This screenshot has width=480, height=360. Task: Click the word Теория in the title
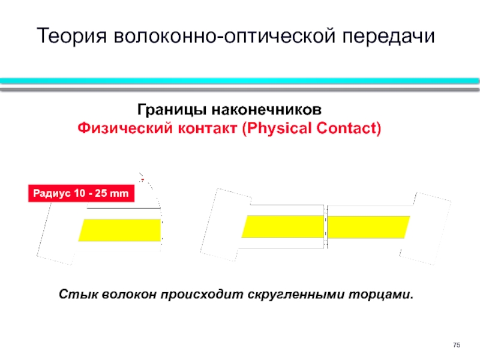72,36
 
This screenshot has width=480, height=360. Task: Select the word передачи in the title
388,37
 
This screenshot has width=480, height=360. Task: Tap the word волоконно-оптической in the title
224,36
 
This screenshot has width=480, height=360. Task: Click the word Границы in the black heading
172,110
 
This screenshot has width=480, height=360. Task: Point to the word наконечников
266,110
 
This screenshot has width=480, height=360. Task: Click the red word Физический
125,128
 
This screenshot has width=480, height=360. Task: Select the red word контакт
208,128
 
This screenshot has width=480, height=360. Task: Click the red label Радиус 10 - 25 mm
81,193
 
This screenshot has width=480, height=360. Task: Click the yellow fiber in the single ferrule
119,230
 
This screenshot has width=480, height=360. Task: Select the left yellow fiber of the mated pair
283,227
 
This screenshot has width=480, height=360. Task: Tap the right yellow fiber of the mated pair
369,227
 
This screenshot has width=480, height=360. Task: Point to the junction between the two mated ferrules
326,227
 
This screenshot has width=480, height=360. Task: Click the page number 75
457,345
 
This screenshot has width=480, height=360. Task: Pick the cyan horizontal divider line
239,81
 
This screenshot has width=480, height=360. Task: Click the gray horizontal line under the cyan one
239,89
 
